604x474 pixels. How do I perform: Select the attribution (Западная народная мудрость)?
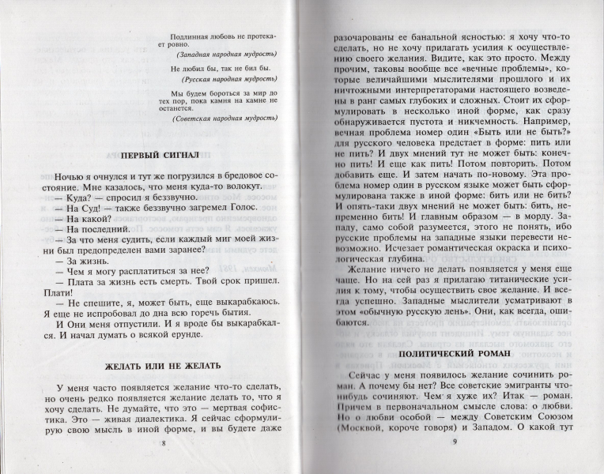tap(227, 55)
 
